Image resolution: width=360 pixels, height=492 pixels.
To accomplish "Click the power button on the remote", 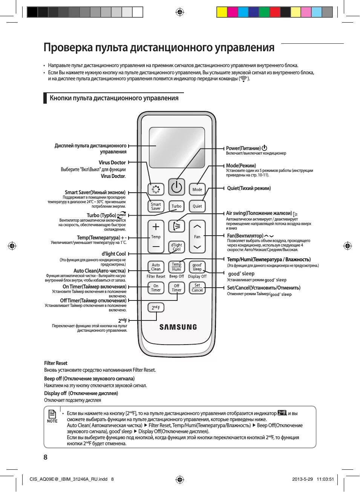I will click(176, 187).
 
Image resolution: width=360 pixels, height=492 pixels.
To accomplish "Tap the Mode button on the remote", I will click(197, 189).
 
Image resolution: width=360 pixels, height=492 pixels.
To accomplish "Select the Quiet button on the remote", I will click(197, 206).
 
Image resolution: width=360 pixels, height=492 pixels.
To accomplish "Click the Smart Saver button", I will click(156, 206).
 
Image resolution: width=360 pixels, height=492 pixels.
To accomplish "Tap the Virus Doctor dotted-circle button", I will click(156, 189).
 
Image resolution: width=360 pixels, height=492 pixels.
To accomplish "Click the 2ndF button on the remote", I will click(156, 308).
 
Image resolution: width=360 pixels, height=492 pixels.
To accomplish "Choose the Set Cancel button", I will click(197, 288).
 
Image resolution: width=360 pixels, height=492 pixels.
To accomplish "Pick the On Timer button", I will click(156, 288).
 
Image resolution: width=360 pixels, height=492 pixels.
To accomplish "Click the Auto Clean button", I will click(156, 267).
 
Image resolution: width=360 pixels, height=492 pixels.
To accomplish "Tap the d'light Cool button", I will click(176, 247).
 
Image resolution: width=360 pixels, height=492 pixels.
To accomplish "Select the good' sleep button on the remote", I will click(197, 267).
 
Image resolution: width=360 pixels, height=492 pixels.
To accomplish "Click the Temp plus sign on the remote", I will click(156, 227).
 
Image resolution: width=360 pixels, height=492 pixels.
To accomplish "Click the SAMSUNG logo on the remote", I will click(178, 327).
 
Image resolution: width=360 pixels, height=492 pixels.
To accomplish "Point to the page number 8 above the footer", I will click(46, 457).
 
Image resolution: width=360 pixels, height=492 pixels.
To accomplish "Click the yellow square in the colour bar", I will click(222, 12).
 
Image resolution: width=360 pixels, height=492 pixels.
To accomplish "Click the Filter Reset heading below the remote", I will click(56, 363).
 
